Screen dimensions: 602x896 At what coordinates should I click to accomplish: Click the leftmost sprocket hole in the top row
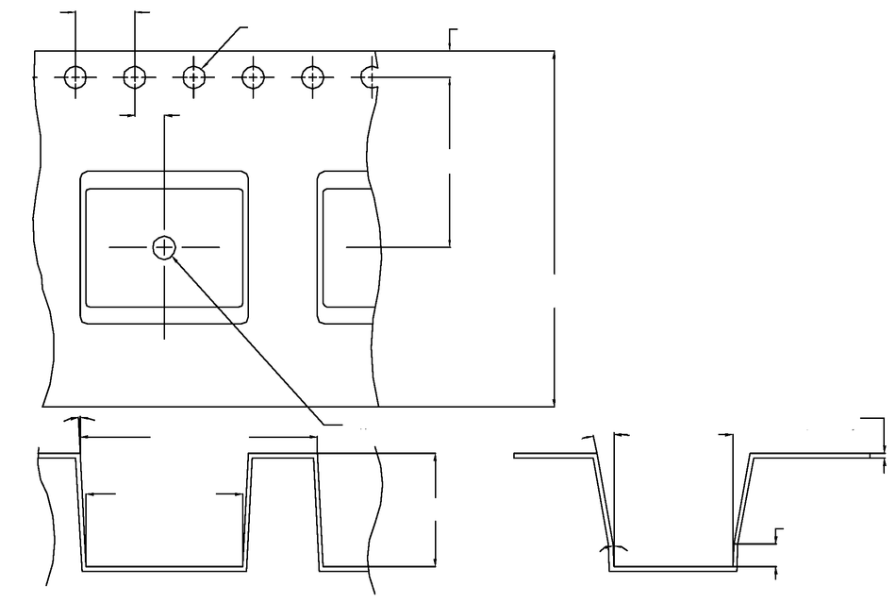tap(75, 76)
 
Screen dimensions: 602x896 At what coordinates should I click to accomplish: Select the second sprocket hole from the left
tap(135, 76)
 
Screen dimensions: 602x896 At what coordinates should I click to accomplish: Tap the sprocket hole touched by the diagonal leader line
tap(193, 76)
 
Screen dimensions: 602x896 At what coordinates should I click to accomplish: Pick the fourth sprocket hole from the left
tap(253, 76)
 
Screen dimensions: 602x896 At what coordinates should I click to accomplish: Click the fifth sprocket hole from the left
tap(312, 76)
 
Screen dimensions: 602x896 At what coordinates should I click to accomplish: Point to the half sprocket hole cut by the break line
tap(369, 76)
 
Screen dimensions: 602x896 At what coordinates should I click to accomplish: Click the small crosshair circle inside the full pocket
tap(164, 247)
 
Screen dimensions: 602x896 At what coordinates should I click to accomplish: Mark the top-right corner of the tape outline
tap(554, 51)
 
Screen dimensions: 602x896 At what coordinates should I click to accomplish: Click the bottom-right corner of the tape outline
tap(554, 407)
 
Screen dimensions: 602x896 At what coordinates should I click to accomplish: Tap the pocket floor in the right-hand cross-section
tap(673, 569)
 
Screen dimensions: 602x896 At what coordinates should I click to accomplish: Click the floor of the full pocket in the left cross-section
tap(165, 568)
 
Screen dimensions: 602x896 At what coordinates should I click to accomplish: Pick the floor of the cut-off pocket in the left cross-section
tap(349, 568)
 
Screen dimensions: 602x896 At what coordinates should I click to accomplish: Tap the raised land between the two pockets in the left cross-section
tap(283, 456)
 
